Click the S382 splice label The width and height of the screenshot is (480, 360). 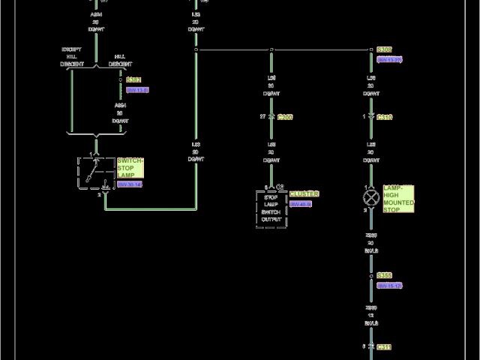(x=134, y=79)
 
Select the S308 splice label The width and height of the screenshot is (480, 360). (x=385, y=49)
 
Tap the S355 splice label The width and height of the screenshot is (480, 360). (x=385, y=276)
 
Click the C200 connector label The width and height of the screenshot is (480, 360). (x=285, y=118)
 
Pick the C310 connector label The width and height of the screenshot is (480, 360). (x=385, y=118)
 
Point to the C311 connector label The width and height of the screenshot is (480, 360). (x=385, y=347)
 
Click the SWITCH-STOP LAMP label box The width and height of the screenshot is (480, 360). (x=130, y=168)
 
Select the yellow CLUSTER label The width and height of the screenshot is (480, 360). (x=304, y=193)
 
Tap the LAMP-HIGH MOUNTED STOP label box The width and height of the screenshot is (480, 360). (x=399, y=199)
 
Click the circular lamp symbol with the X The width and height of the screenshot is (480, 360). (x=370, y=198)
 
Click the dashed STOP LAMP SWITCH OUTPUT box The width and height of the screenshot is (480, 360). (x=271, y=208)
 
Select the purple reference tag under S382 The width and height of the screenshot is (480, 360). (x=138, y=90)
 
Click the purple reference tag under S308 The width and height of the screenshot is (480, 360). (x=390, y=59)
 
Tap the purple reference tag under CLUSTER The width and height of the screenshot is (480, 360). (x=301, y=204)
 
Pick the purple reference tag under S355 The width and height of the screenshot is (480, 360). (x=390, y=286)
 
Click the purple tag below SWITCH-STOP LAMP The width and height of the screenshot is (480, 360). (x=130, y=184)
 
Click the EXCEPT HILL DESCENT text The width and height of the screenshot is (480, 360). (x=72, y=56)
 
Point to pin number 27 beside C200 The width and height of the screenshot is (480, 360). (x=262, y=117)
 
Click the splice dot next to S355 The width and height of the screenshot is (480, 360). (x=370, y=276)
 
